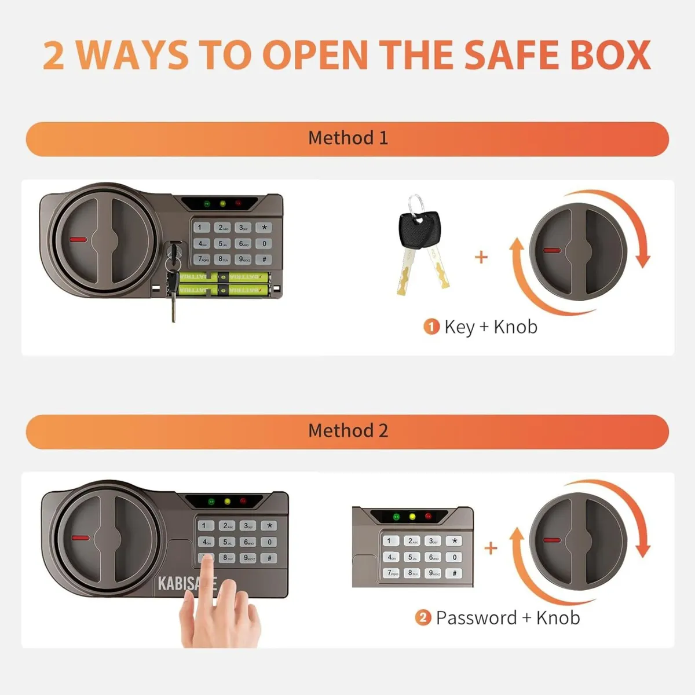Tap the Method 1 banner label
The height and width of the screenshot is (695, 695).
(x=348, y=138)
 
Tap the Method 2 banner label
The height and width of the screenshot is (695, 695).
(x=348, y=430)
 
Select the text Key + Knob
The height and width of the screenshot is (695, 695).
(x=491, y=327)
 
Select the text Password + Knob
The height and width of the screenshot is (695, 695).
(x=507, y=618)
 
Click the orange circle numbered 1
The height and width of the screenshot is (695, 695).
(x=431, y=327)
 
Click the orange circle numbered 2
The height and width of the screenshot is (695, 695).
(x=423, y=618)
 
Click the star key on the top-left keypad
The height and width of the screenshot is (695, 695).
(x=264, y=228)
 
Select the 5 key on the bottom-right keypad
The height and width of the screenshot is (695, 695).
(x=411, y=557)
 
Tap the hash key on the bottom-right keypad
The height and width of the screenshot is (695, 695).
(x=454, y=573)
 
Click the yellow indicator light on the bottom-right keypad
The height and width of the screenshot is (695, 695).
(x=412, y=517)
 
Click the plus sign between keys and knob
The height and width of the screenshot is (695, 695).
(x=481, y=257)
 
